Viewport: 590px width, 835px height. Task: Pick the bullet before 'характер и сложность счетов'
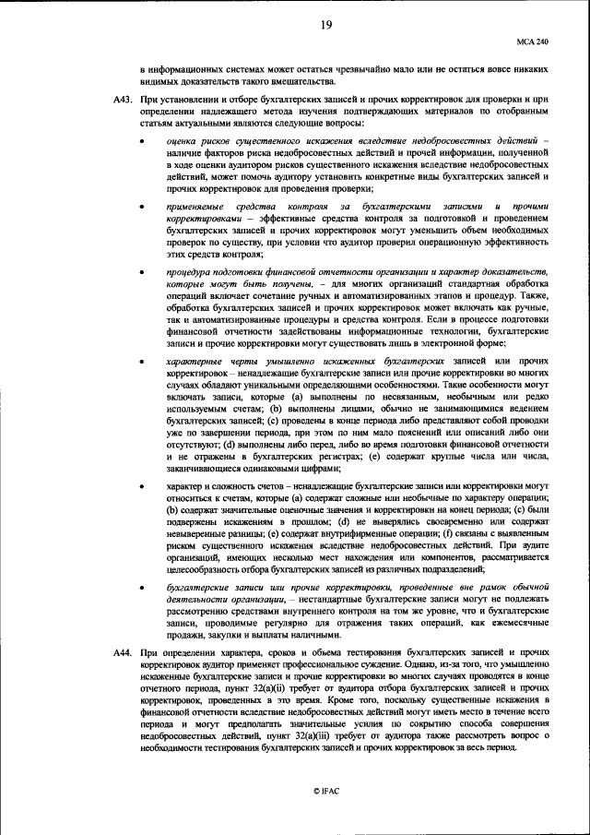141,486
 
